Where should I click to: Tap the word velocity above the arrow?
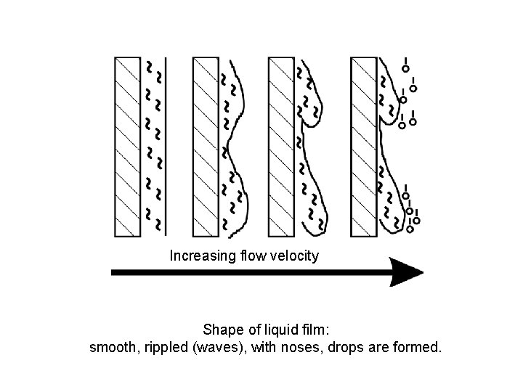[x=294, y=256]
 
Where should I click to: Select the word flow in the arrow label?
[x=251, y=256]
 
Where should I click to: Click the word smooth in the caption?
[x=113, y=348]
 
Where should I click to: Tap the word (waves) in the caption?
[x=219, y=348]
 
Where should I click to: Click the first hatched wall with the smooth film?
[x=127, y=147]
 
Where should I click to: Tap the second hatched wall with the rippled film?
[x=206, y=147]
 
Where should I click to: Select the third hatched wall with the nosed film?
[x=281, y=147]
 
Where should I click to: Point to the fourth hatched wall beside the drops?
[x=363, y=147]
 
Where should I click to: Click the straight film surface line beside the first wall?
[x=166, y=147]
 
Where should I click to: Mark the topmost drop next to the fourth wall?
[x=405, y=69]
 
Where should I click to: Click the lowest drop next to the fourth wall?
[x=410, y=229]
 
